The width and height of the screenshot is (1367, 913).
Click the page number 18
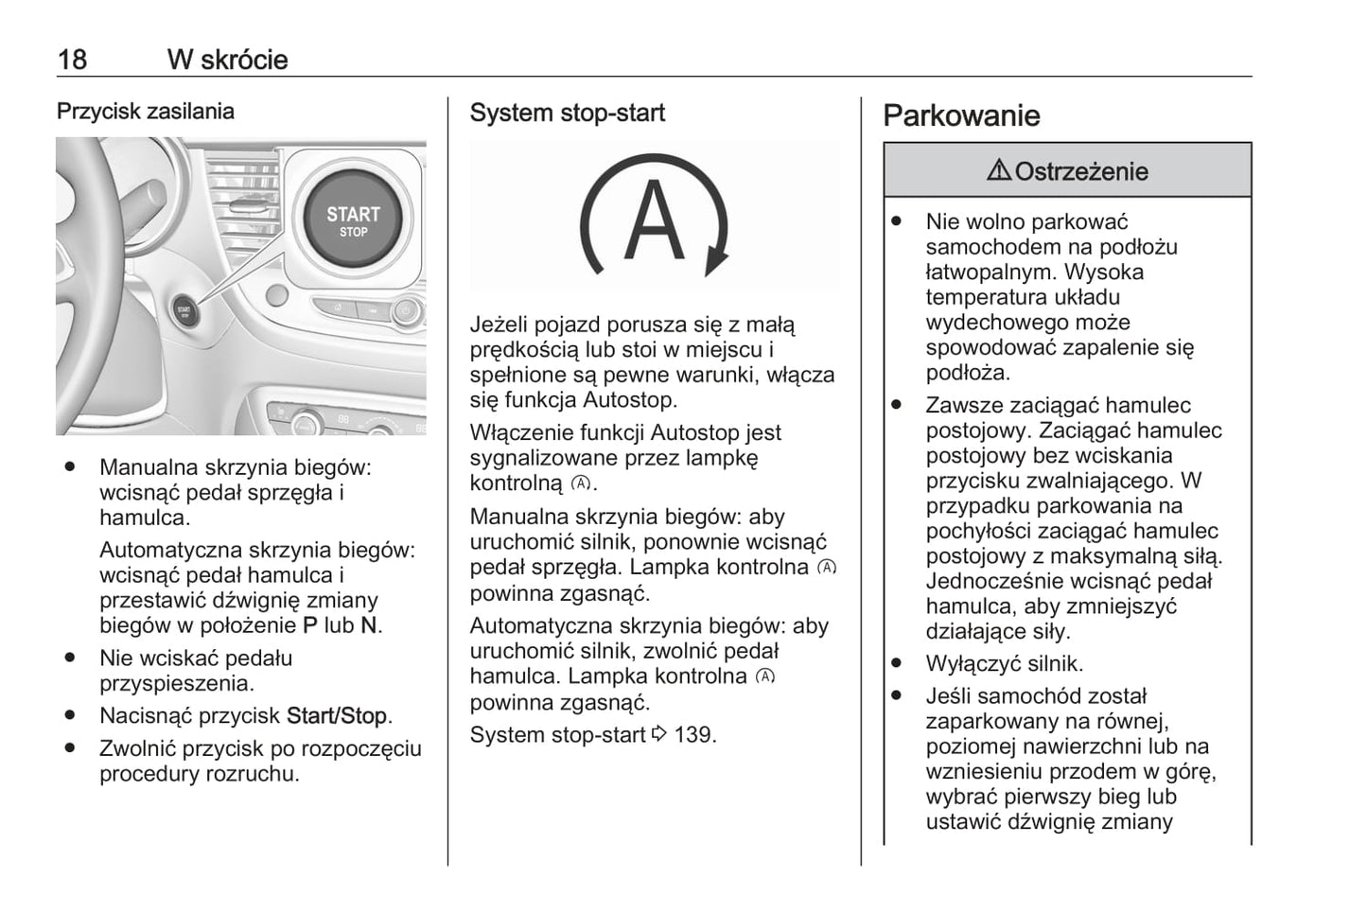(x=72, y=60)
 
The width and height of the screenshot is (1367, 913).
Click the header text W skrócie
(x=227, y=60)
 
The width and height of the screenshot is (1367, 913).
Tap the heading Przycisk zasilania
(x=145, y=112)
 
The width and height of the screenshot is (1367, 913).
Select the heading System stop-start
(x=567, y=114)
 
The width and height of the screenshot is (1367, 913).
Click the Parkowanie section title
(x=961, y=116)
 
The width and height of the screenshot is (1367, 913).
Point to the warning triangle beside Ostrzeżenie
(x=998, y=170)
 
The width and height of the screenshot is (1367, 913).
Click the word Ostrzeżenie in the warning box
(x=1080, y=171)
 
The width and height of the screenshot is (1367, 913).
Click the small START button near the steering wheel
(x=184, y=309)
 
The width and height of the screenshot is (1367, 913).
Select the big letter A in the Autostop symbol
(x=654, y=219)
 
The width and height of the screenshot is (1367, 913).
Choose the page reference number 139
(x=693, y=735)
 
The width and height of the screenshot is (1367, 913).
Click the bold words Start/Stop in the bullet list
(x=336, y=716)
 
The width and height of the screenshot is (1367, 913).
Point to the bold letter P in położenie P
(x=310, y=625)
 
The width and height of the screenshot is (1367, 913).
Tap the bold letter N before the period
(x=369, y=625)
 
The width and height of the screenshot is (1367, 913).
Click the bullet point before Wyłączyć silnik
(x=896, y=662)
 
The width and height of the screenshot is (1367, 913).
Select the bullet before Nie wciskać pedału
(x=70, y=657)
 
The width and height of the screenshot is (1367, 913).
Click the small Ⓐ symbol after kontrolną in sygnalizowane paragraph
(x=581, y=483)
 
